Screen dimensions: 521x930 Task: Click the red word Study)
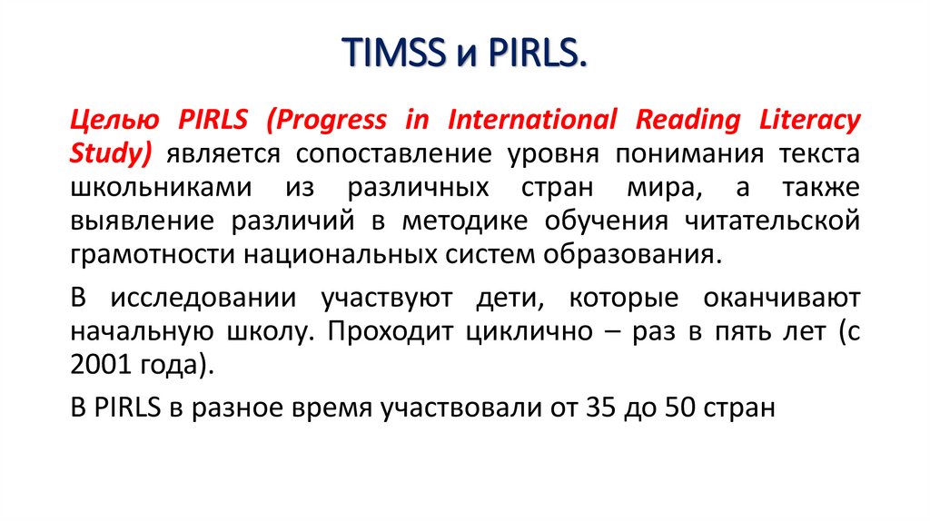110,153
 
